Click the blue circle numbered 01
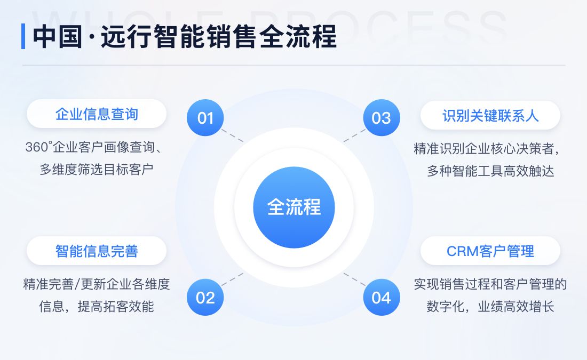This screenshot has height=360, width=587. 205,118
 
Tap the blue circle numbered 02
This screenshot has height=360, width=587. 205,297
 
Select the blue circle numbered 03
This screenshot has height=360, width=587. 381,118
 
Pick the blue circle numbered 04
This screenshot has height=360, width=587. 381,297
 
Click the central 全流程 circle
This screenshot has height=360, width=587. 293,207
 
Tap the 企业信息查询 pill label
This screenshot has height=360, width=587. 97,114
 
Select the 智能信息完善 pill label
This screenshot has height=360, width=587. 97,251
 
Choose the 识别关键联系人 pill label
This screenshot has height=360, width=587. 490,115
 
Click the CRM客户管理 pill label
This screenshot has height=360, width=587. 490,251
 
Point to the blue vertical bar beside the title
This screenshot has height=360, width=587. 23,36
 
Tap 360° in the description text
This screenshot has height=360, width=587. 37,148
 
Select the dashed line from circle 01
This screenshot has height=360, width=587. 233,135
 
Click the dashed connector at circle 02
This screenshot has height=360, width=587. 233,279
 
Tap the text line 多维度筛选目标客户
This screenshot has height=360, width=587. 97,170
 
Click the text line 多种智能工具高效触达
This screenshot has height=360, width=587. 490,171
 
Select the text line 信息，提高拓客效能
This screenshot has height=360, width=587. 97,307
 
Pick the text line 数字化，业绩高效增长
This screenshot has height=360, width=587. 490,307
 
